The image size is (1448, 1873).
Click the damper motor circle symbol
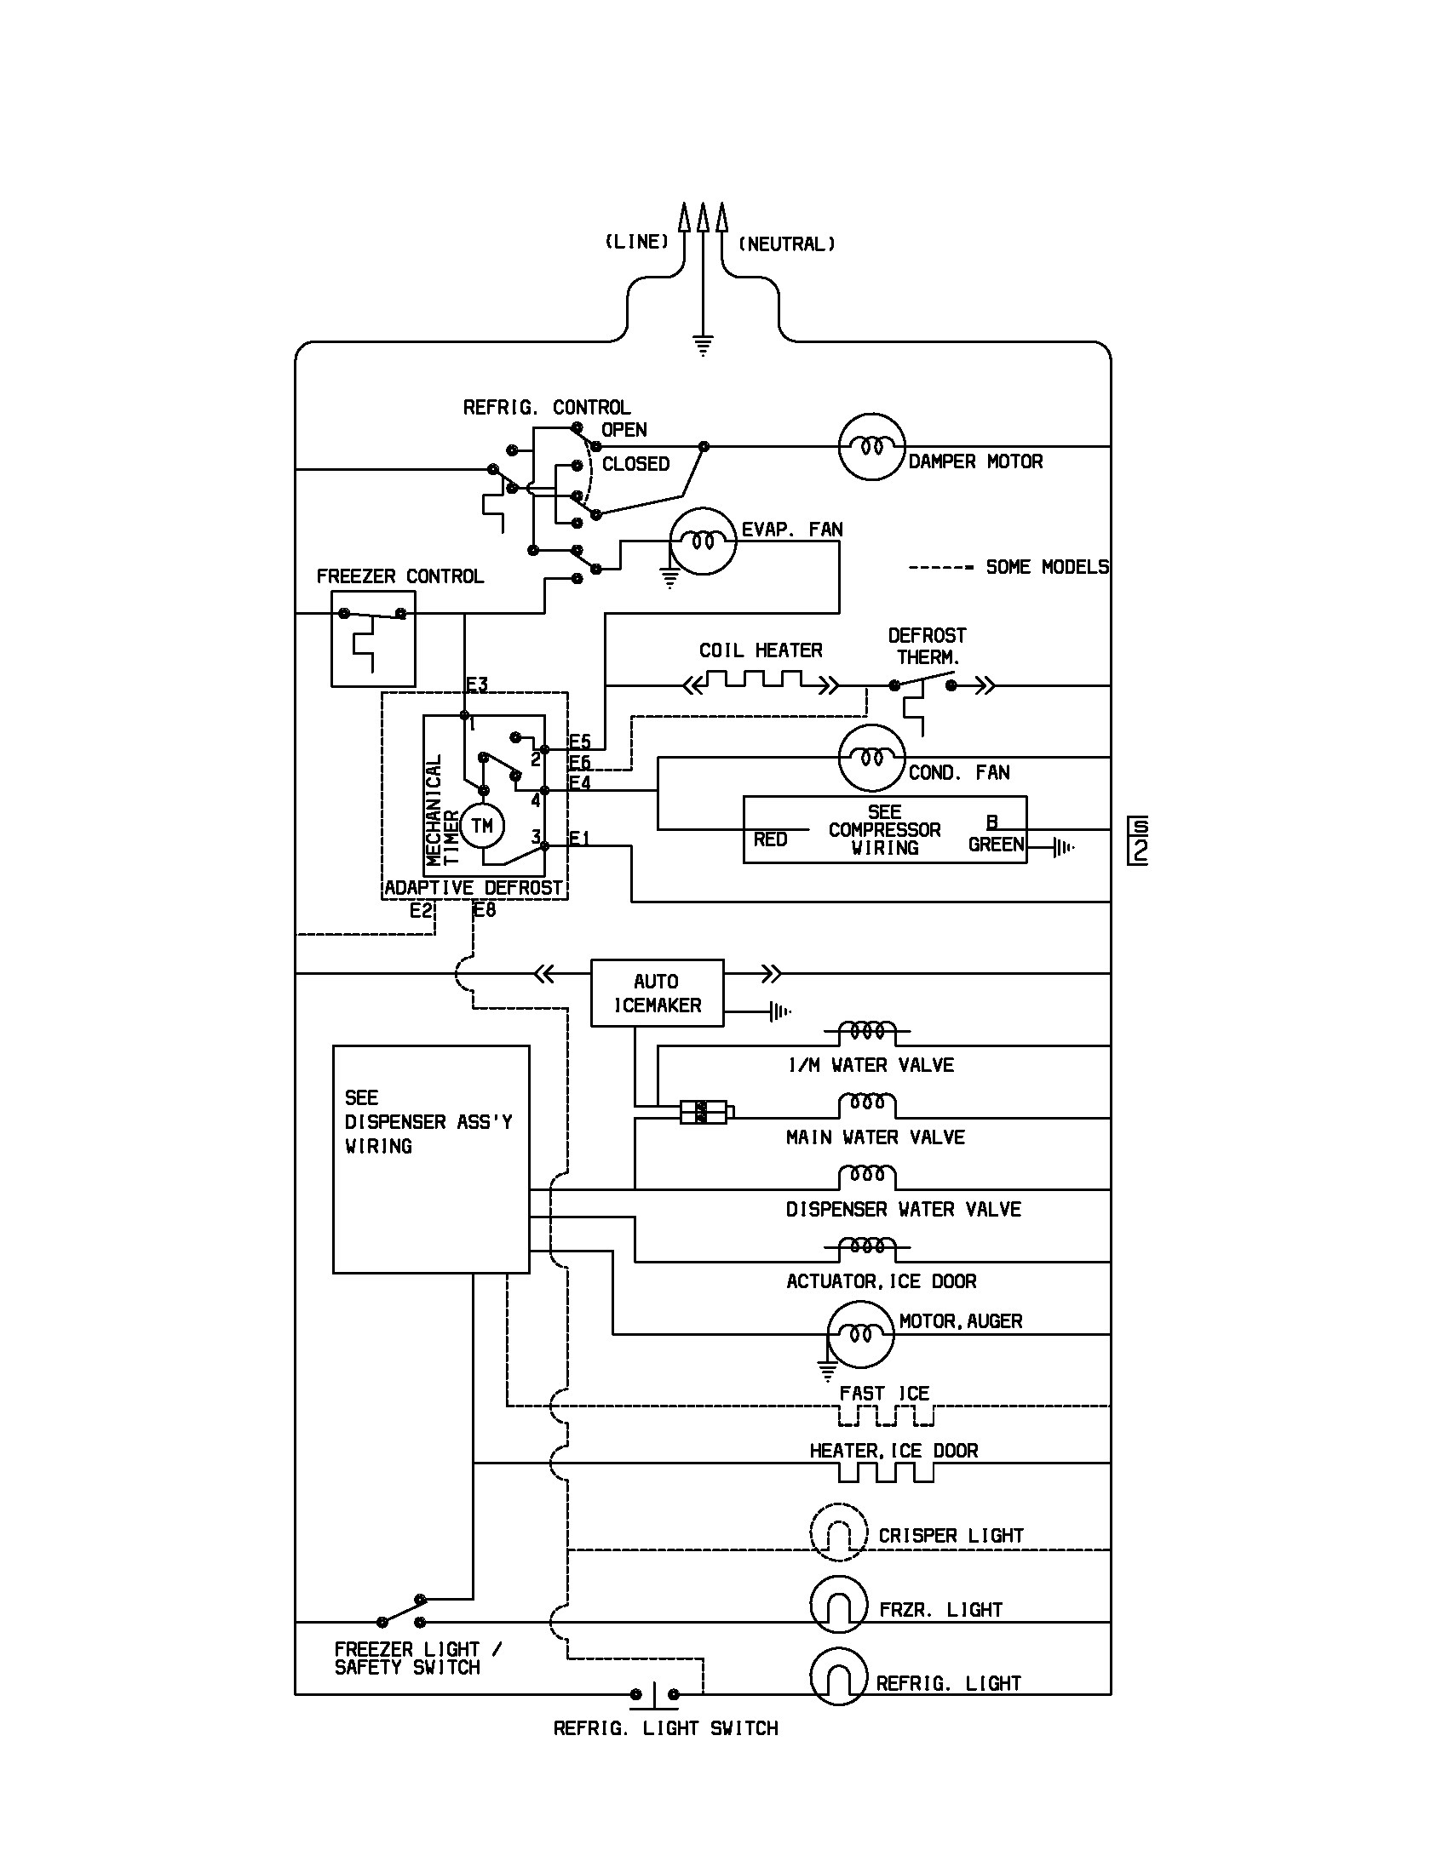871,447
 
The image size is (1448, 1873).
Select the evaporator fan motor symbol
703,541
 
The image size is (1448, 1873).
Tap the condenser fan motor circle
871,758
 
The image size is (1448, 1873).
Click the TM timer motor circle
482,826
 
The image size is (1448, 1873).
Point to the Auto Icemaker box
657,993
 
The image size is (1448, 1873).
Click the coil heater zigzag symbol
761,684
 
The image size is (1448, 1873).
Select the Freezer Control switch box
373,639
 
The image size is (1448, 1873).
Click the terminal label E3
477,684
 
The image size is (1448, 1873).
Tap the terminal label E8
486,910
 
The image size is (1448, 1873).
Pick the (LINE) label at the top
636,242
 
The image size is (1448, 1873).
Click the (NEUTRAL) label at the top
787,244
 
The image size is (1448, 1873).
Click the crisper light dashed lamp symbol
838,1532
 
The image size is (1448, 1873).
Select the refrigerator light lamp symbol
838,1676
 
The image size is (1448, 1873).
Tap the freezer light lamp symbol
838,1605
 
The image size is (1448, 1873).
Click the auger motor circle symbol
860,1334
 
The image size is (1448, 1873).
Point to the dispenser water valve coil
866,1176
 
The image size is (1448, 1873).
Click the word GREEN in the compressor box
996,845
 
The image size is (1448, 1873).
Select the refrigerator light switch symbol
654,1694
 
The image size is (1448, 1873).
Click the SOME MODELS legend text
1047,567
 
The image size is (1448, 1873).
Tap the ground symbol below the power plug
703,347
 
